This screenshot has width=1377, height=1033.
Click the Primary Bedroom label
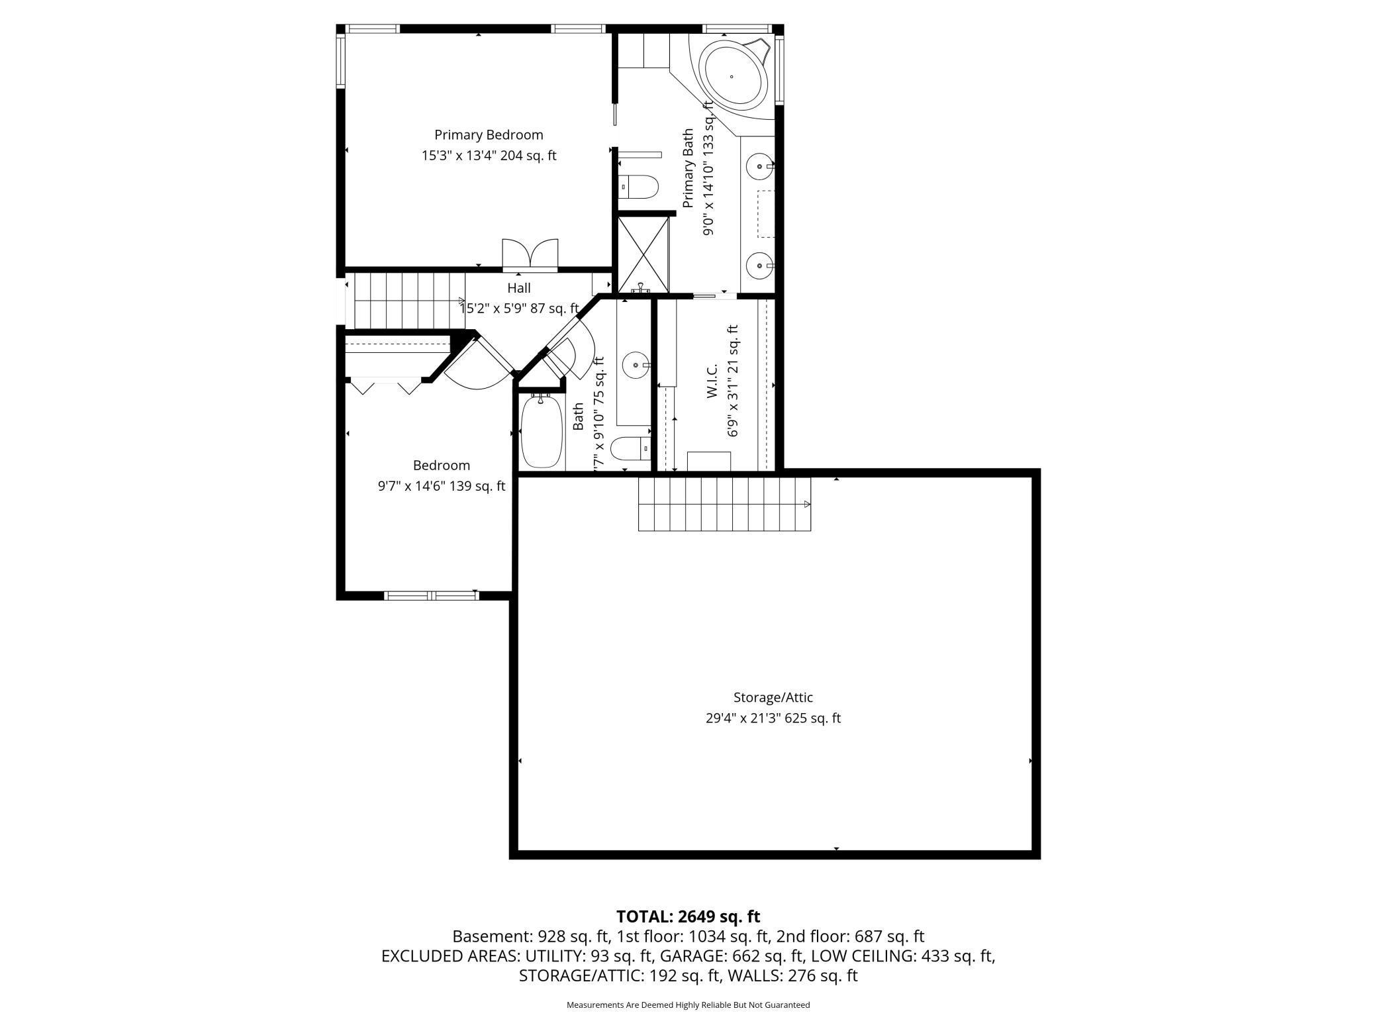coord(489,135)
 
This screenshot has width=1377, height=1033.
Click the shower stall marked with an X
coord(643,254)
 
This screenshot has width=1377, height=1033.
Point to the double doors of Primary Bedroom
coord(530,255)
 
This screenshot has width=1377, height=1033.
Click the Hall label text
coord(519,288)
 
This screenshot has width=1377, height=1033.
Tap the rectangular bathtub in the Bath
coord(542,432)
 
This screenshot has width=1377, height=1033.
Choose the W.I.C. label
coord(712,381)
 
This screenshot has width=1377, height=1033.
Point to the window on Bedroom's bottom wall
coord(431,595)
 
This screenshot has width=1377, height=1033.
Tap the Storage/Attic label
coord(773,697)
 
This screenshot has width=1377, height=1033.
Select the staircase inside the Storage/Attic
coord(724,504)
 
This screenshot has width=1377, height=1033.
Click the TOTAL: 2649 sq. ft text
coord(688,916)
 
